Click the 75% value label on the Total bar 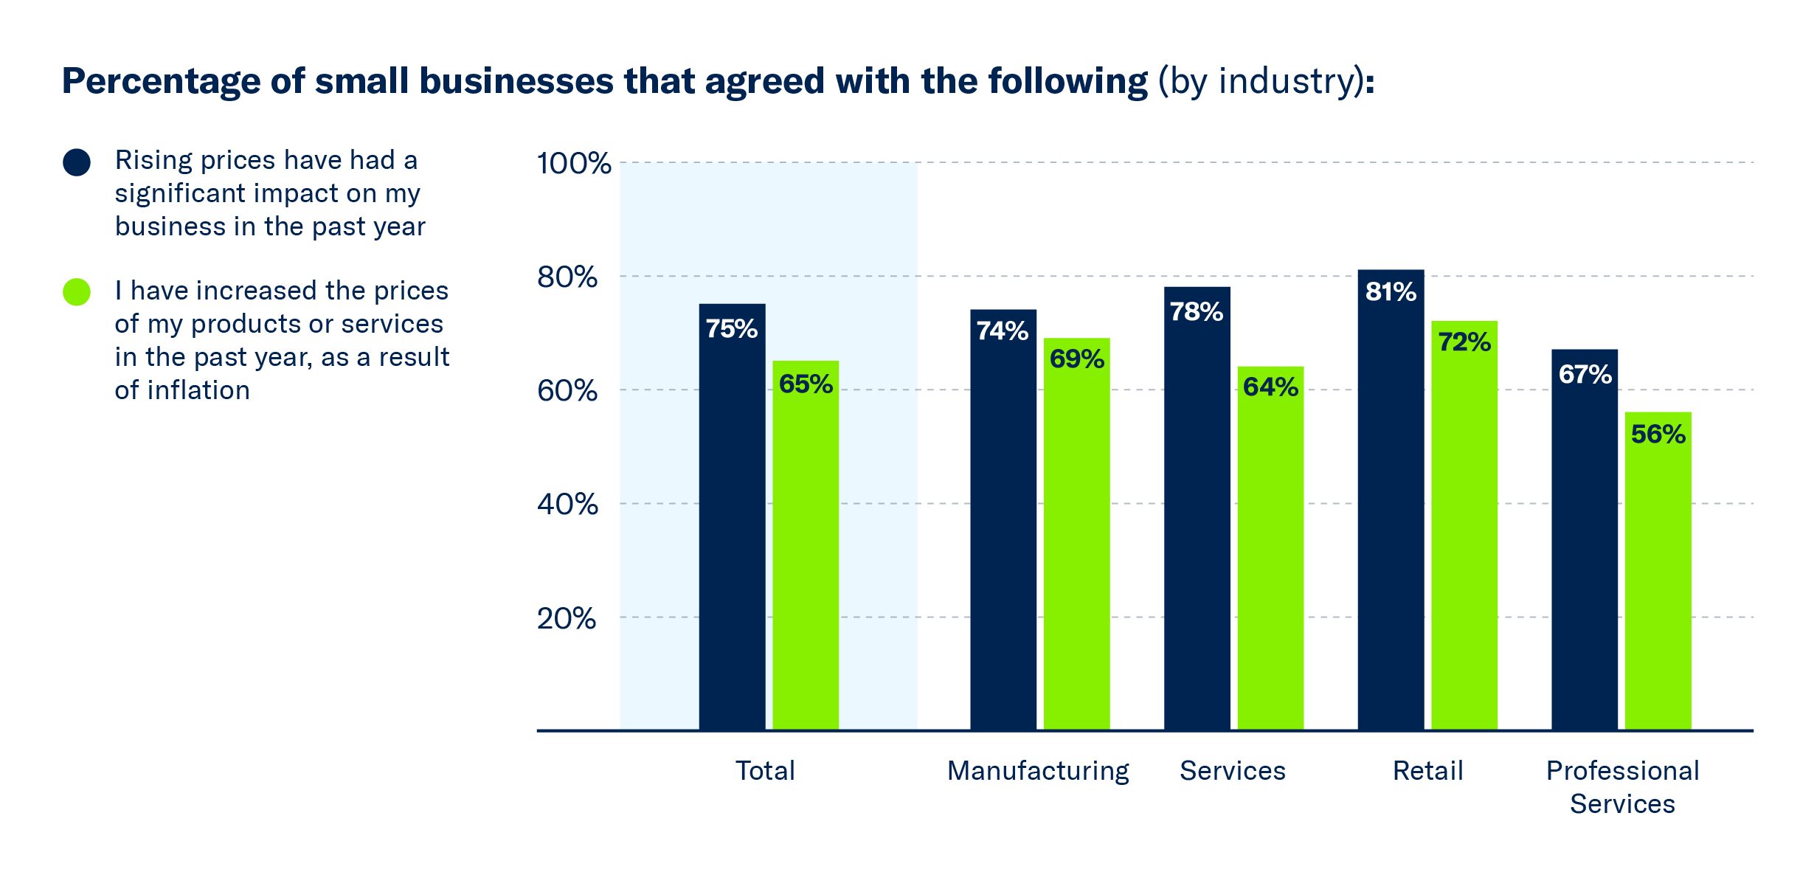click(x=731, y=329)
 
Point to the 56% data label click(x=1658, y=435)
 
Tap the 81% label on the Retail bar click(x=1391, y=292)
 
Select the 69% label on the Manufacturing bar click(x=1076, y=359)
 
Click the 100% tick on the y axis click(x=573, y=163)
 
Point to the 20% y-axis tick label click(x=566, y=618)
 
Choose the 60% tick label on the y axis click(x=567, y=390)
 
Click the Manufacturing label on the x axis click(x=1038, y=771)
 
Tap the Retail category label click(x=1427, y=771)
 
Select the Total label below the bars click(x=765, y=771)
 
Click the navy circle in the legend click(x=77, y=162)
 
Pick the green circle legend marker click(x=77, y=292)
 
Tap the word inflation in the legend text click(x=198, y=390)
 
